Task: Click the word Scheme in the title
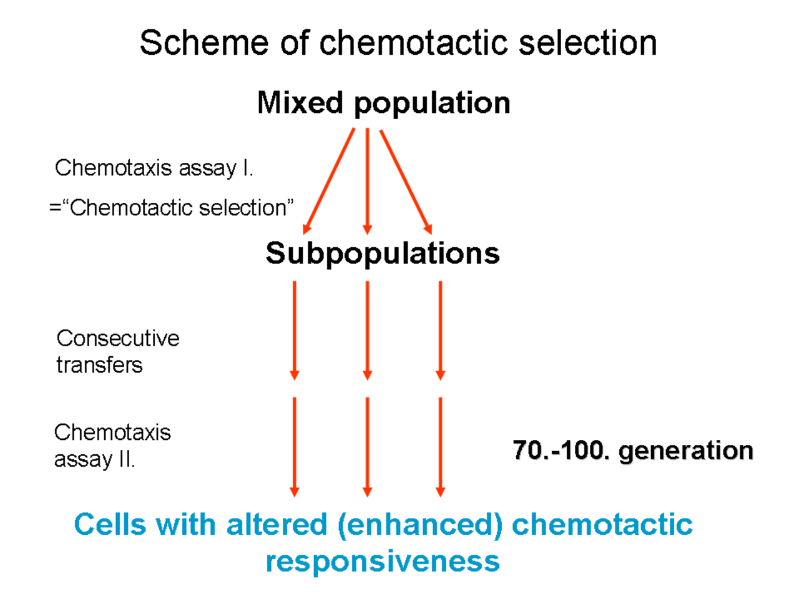[204, 43]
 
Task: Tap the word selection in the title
[587, 43]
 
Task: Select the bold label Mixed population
[384, 104]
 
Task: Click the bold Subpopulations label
[383, 253]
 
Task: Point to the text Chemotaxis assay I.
[154, 168]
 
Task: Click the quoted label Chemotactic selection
[181, 208]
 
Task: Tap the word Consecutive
[118, 338]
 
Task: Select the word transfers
[99, 365]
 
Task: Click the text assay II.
[95, 459]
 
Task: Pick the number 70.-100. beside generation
[561, 450]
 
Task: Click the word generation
[686, 451]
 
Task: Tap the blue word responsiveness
[383, 561]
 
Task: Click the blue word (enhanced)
[421, 525]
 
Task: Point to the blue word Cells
[110, 525]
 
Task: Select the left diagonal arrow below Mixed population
[329, 181]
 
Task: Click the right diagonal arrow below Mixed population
[406, 182]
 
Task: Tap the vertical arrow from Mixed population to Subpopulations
[367, 181]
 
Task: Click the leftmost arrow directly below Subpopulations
[295, 331]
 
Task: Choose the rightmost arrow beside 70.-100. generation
[441, 447]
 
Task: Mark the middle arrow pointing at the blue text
[367, 447]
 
